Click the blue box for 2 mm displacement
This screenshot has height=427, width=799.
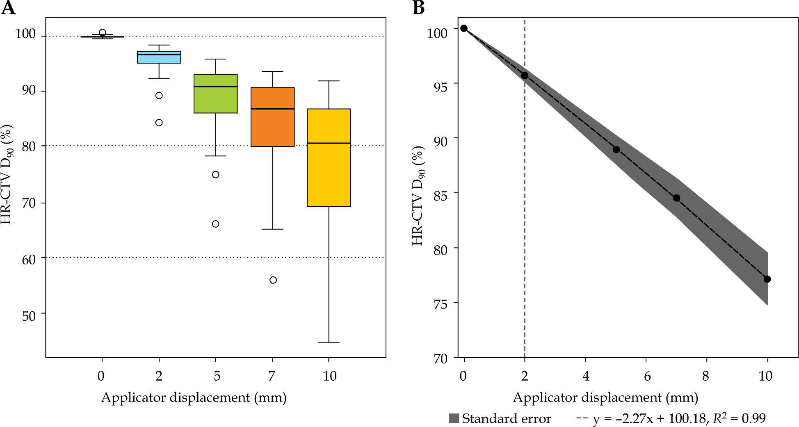pos(159,57)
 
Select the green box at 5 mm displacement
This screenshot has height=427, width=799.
pos(216,94)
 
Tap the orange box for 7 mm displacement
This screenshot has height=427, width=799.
pos(273,117)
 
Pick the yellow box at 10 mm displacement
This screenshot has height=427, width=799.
pos(329,158)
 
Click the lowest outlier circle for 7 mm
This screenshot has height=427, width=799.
pos(273,280)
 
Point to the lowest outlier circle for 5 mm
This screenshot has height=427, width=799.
pos(216,224)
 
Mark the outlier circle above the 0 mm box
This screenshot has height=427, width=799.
pos(103,33)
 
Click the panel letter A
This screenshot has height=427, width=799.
pos(8,8)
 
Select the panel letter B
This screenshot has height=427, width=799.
pos(418,8)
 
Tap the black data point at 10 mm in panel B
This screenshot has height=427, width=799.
pos(767,279)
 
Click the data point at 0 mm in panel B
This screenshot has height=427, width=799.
pos(464,28)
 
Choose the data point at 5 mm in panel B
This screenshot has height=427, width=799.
pos(616,150)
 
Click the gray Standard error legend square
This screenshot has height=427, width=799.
pos(454,418)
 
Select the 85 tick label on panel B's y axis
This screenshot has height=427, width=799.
pos(441,194)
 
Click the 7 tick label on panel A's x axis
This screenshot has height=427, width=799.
pos(272,376)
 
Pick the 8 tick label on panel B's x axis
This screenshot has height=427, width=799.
pos(705,376)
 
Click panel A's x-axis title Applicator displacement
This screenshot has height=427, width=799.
pos(194,398)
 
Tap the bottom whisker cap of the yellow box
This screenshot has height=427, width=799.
pos(329,342)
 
